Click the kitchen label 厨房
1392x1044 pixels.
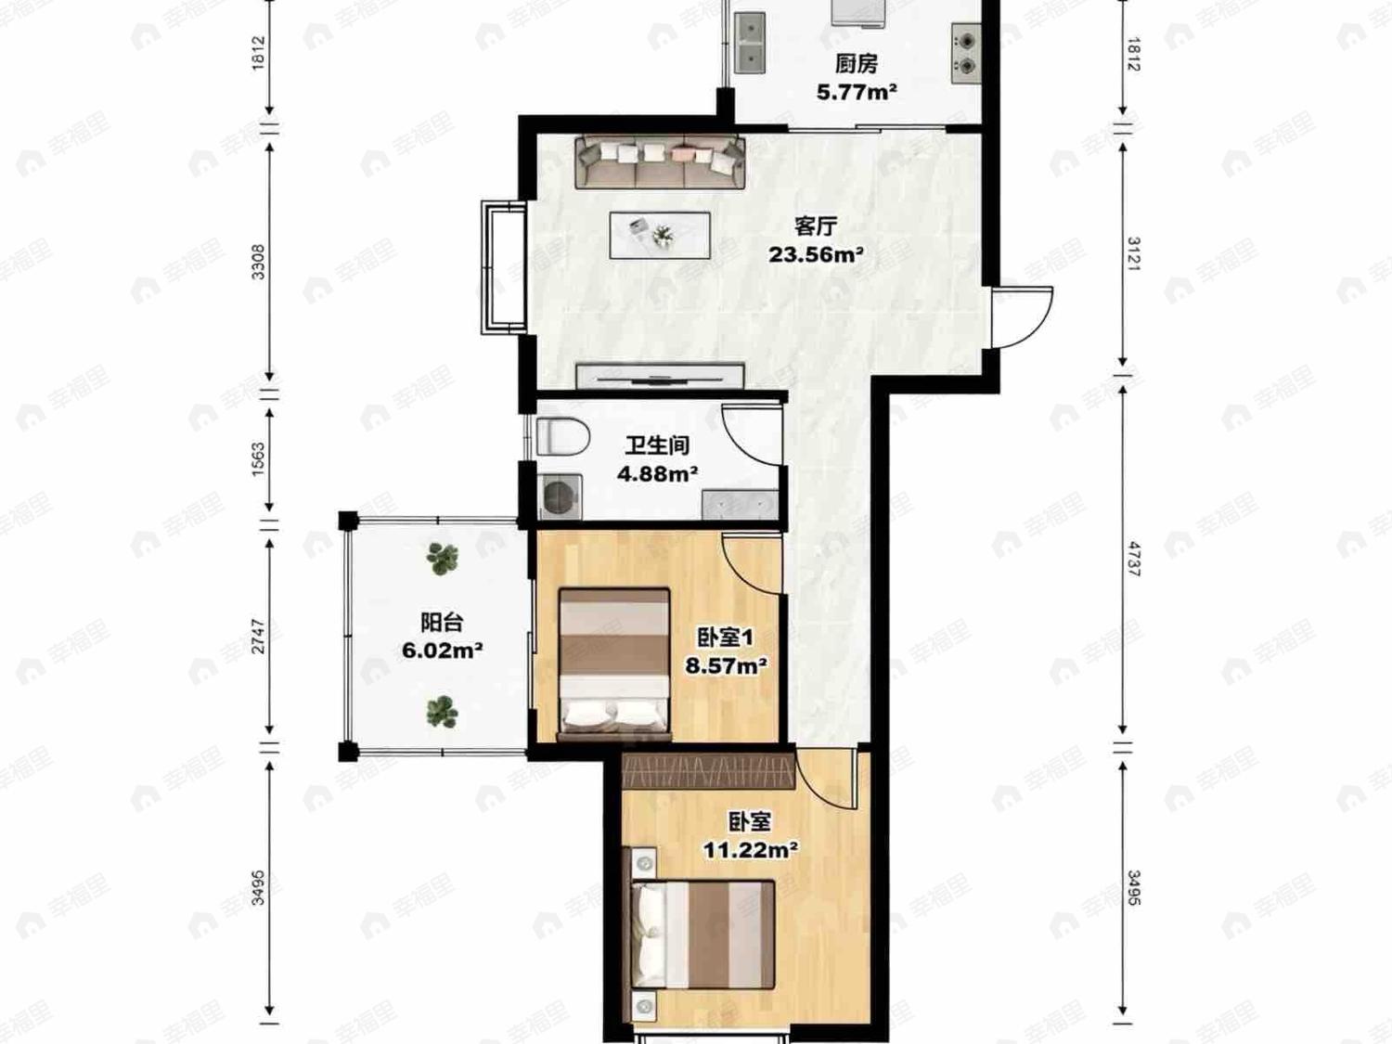point(857,64)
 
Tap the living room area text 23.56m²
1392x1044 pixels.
point(816,255)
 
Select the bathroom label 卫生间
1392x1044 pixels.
point(658,445)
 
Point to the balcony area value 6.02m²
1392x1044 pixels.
point(443,651)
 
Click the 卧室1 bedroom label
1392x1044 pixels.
point(726,638)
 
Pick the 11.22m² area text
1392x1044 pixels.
point(750,849)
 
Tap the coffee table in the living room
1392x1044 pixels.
point(660,235)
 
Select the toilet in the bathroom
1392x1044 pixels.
point(563,436)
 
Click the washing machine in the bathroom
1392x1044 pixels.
point(560,496)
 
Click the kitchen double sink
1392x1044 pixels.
point(750,43)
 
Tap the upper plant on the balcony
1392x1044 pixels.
point(442,558)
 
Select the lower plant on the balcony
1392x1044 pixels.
point(442,711)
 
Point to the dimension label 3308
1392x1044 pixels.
point(259,262)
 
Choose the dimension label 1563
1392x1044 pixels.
point(259,459)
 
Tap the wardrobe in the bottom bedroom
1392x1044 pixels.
point(708,771)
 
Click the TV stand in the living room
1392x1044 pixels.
point(660,376)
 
